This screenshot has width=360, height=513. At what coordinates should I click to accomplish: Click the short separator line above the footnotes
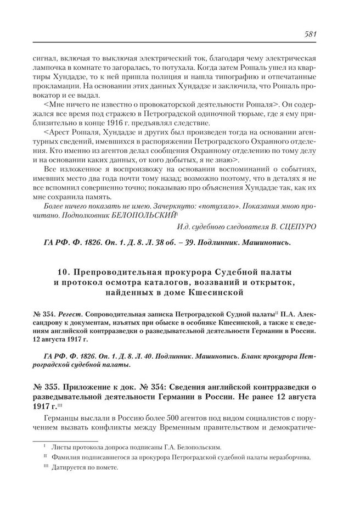coord(66,440)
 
